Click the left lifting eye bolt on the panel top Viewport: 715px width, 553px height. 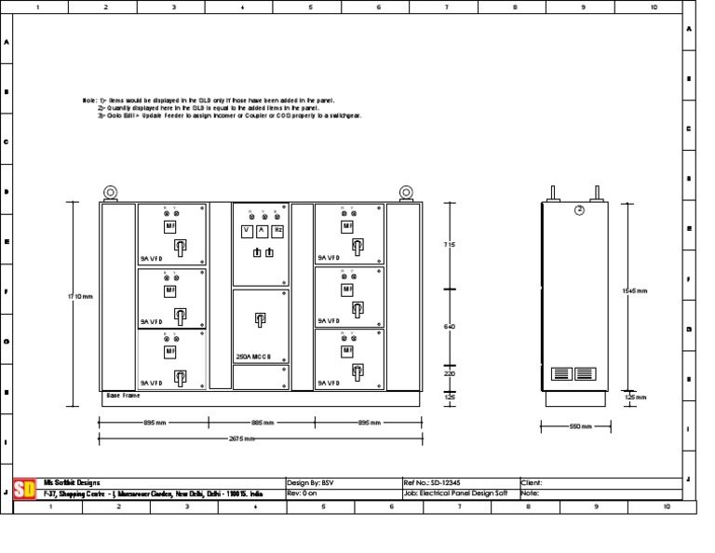[x=110, y=193]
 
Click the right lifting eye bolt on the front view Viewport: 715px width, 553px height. [x=406, y=193]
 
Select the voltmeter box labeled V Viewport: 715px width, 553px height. [x=247, y=230]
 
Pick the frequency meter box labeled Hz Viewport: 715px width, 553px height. [x=277, y=230]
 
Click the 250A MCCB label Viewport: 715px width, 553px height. [x=253, y=357]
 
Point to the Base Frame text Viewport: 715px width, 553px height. [x=122, y=396]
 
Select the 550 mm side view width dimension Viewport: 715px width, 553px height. [x=577, y=426]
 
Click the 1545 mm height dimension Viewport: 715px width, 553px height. [x=634, y=291]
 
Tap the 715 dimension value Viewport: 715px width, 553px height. [x=449, y=245]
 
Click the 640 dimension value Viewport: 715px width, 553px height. [x=449, y=327]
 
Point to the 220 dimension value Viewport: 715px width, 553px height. [x=449, y=373]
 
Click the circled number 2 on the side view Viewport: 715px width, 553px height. [x=578, y=210]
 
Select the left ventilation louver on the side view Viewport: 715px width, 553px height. [x=560, y=373]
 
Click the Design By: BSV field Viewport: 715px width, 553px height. [x=310, y=483]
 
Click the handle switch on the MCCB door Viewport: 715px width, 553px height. [x=260, y=320]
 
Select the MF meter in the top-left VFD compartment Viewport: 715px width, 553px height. [x=170, y=226]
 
